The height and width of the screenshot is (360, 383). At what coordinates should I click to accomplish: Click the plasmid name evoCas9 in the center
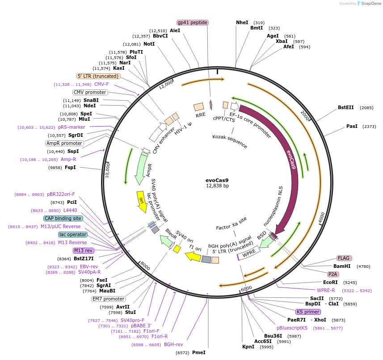pos(217,180)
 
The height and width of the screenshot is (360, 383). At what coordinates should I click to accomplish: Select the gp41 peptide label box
pos(193,22)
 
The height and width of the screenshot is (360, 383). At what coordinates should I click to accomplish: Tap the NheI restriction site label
pos(242,22)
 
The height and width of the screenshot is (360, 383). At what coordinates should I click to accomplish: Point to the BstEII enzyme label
pos(346,107)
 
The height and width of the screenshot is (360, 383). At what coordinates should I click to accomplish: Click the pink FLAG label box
pos(344,258)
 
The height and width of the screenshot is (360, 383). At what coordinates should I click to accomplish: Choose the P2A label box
pos(332,274)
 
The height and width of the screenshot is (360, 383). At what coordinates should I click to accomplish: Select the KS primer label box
pos(308,312)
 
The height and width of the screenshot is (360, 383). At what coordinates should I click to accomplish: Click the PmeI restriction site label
pos(199,352)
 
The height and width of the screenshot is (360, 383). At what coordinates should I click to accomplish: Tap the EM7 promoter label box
pos(109,299)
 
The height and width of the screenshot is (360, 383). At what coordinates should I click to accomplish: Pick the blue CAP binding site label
pos(63,218)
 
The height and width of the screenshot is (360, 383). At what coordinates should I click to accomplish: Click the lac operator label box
pos(72,234)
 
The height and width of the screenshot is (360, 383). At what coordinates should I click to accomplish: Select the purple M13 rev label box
pos(83,250)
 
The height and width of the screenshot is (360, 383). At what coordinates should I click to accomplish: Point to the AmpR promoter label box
pos(64,144)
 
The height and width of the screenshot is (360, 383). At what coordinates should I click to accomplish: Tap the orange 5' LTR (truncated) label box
pos(98,76)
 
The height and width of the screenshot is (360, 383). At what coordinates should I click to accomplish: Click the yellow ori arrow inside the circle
pos(141,198)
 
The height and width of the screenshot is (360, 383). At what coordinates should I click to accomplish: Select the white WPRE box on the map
pos(249,253)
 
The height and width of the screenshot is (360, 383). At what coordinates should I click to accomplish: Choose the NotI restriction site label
pos(149,44)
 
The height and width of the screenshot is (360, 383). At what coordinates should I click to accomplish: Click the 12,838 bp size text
pos(217,186)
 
